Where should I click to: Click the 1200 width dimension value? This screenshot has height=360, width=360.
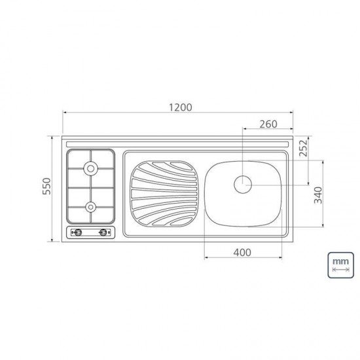tap(178, 107)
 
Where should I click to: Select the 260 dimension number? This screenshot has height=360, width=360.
tap(268, 124)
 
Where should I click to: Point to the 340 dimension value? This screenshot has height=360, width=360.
tap(317, 196)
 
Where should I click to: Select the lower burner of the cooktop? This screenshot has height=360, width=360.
tap(90, 207)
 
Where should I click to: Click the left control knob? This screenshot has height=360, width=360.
tap(77, 232)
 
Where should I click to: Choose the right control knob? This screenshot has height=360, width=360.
tap(103, 232)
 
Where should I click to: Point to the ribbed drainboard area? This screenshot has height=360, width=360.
tap(164, 192)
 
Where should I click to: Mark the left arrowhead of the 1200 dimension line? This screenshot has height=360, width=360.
tap(65, 113)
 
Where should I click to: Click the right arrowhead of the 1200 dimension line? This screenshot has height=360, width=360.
tap(291, 113)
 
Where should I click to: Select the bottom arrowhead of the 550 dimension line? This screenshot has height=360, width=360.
tap(53, 240)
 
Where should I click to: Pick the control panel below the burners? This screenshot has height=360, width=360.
tap(90, 232)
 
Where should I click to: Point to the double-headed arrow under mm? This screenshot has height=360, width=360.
tap(340, 270)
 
